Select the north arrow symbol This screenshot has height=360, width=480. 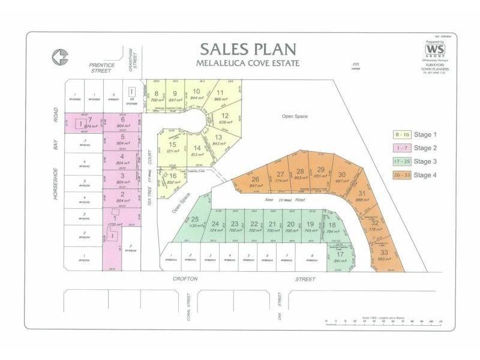pos(61,57)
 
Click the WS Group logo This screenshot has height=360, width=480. pos(434,50)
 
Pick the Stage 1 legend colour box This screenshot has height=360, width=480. pos(400,134)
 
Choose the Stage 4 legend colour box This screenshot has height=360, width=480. pos(400,175)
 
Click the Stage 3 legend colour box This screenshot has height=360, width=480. pos(400,161)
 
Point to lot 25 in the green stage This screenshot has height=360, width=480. pos(194,223)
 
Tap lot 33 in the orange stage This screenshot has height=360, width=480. pos(384,254)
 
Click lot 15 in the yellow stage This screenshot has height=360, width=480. pos(172,148)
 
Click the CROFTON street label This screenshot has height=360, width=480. pos(185,279)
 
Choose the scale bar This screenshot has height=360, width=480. pos(384,322)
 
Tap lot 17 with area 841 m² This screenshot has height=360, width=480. pos(340,257)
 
